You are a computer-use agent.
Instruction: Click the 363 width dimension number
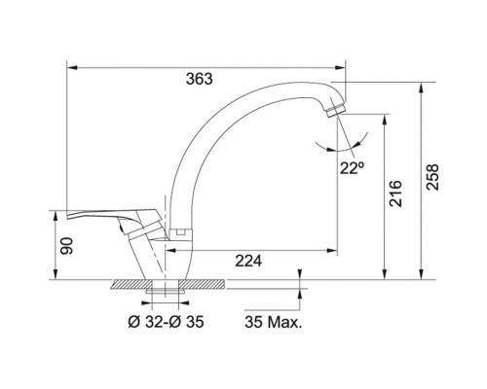click(x=199, y=79)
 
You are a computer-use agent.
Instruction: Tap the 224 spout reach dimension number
click(x=248, y=261)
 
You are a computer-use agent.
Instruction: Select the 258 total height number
click(x=432, y=177)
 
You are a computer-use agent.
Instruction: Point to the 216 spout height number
click(x=395, y=194)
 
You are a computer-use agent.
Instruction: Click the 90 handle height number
click(x=67, y=246)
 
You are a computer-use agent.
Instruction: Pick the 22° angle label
click(x=352, y=168)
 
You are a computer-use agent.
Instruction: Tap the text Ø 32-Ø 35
click(x=166, y=322)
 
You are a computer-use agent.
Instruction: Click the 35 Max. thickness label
click(x=274, y=322)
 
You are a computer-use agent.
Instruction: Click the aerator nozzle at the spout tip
click(x=335, y=110)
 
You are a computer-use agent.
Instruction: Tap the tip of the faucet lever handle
click(x=68, y=216)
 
